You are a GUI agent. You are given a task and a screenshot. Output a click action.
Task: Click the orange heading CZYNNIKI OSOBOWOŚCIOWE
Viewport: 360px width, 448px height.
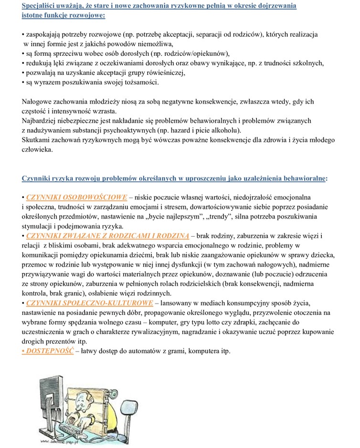(77, 197)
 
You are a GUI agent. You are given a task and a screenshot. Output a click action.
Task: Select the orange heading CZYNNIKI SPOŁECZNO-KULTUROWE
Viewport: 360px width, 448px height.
(90, 303)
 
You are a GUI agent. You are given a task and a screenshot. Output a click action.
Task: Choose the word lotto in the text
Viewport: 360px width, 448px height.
(227, 322)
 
